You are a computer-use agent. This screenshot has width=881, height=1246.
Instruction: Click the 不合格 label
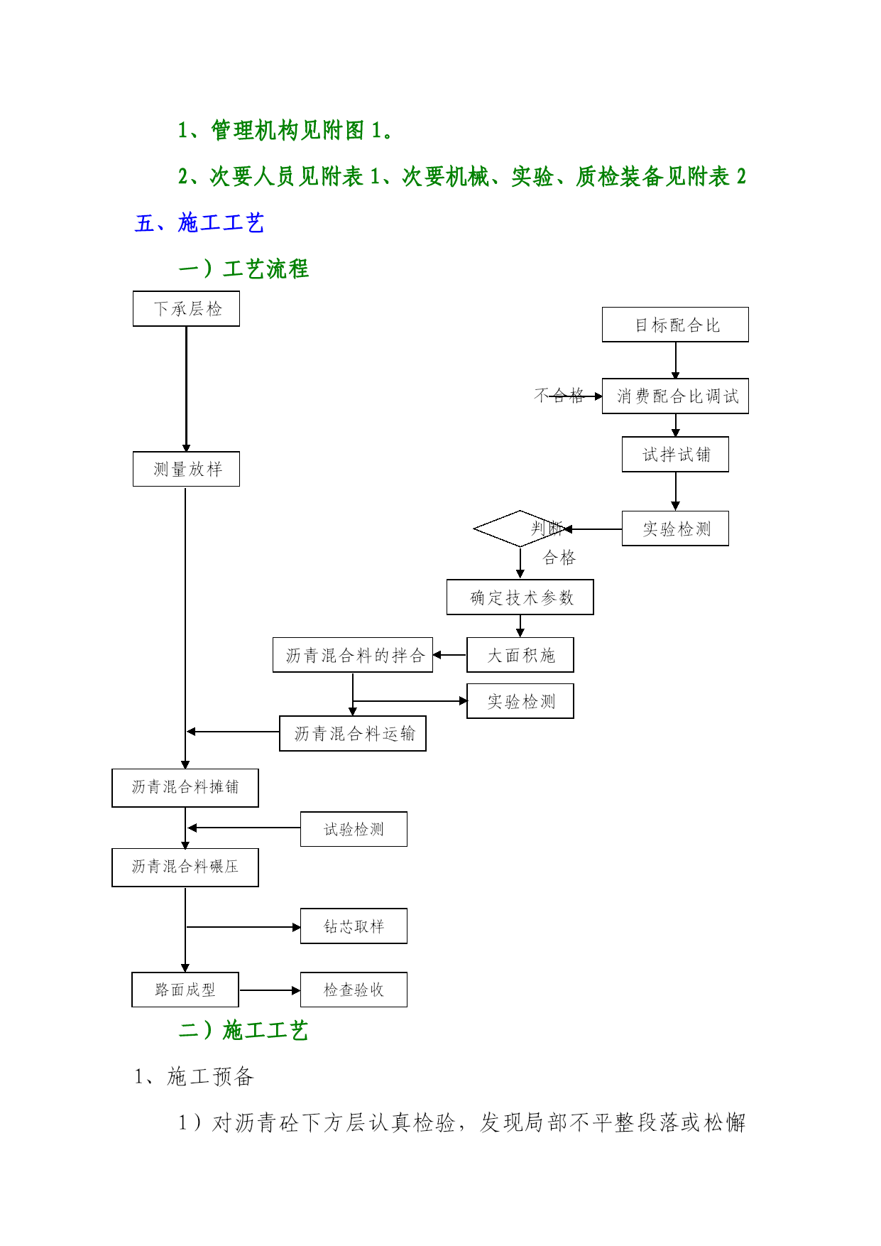tap(559, 396)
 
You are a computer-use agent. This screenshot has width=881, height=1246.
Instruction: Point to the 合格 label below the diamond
tap(559, 558)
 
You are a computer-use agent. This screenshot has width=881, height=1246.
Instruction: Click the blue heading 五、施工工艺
tap(199, 223)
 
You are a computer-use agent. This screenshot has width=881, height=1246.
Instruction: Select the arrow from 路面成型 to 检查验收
tap(270, 990)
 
